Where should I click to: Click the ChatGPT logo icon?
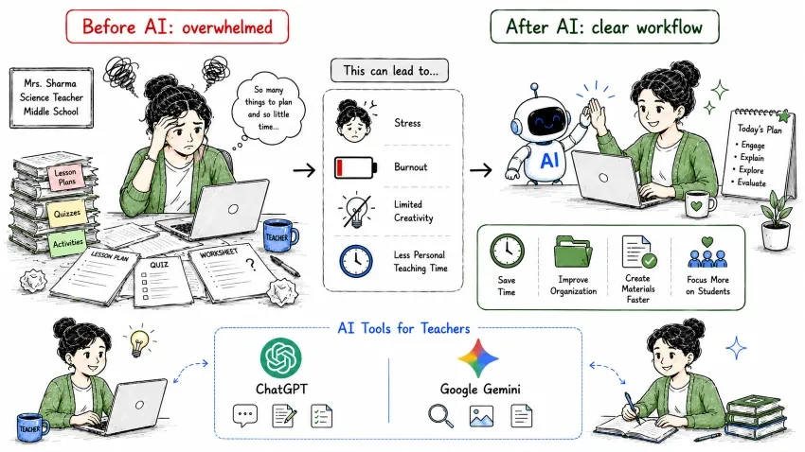(x=281, y=357)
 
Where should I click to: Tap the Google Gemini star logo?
(x=478, y=358)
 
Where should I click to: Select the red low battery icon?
(x=355, y=167)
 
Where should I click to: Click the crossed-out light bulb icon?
(x=355, y=210)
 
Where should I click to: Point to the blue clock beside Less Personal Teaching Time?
(x=356, y=261)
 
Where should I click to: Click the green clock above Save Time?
(x=507, y=252)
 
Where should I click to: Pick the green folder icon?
(x=573, y=252)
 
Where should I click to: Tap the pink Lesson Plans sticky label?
(x=65, y=178)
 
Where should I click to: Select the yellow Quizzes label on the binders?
(x=66, y=213)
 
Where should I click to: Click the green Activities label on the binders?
(x=67, y=243)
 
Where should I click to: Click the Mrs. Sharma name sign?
(x=51, y=97)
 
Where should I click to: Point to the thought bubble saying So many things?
(x=268, y=108)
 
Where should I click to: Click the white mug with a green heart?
(x=699, y=204)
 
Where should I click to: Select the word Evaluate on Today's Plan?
(x=751, y=183)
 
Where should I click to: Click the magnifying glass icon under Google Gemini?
(x=440, y=416)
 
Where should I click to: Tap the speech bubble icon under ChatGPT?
(x=245, y=416)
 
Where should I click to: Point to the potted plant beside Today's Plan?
(x=776, y=220)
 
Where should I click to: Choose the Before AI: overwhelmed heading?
(x=177, y=26)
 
